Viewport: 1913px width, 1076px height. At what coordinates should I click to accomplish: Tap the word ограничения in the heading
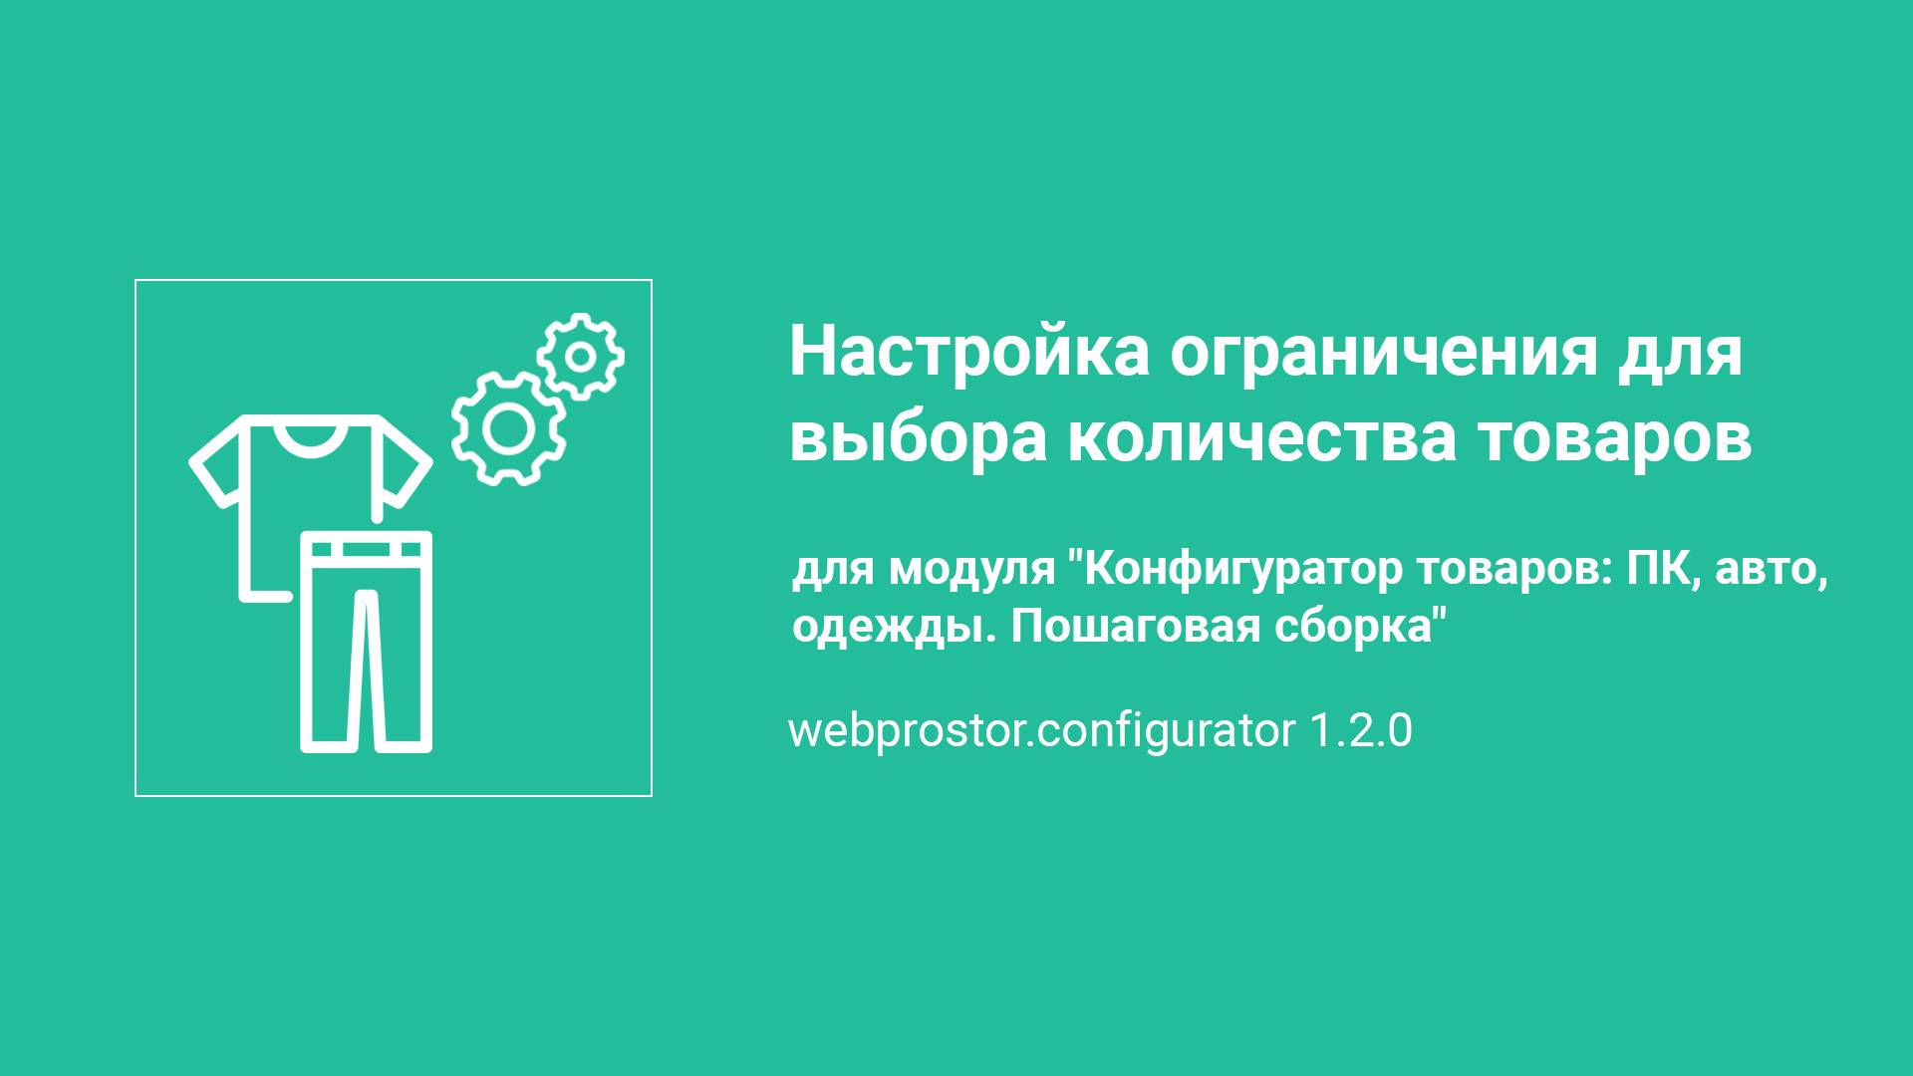click(x=1385, y=355)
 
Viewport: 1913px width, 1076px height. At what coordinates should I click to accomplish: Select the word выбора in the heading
click(x=918, y=439)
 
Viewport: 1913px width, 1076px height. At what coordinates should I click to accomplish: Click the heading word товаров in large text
click(x=1613, y=438)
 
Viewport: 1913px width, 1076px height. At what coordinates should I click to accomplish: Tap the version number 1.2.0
click(x=1360, y=731)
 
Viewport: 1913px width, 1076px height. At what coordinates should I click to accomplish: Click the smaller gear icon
click(x=581, y=356)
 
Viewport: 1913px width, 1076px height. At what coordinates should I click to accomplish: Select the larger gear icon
click(x=508, y=428)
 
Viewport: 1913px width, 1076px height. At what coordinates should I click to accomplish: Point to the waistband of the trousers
click(x=367, y=549)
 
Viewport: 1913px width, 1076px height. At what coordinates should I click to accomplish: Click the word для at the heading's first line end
click(x=1683, y=355)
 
